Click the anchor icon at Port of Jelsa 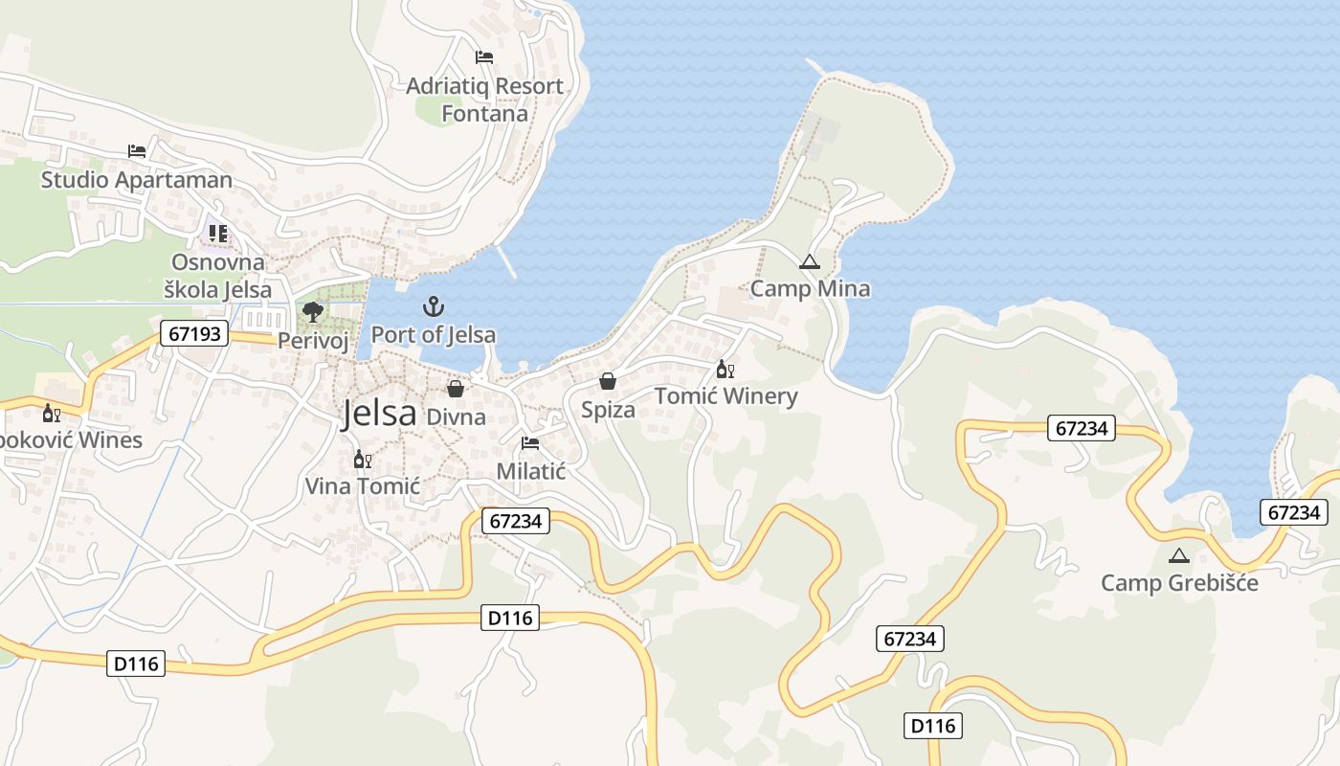(x=434, y=307)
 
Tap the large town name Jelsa (x=380, y=414)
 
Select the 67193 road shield (x=195, y=333)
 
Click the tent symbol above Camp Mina (x=810, y=261)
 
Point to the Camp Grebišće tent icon (x=1179, y=555)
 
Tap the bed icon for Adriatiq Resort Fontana (x=484, y=57)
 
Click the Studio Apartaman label (x=136, y=180)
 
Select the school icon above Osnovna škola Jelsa (x=218, y=233)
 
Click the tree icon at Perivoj (x=312, y=311)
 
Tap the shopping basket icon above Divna (x=456, y=389)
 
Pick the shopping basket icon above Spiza (x=608, y=381)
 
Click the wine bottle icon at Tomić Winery (x=725, y=370)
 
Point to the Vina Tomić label (x=362, y=486)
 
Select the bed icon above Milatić (x=530, y=443)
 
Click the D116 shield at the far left (x=138, y=663)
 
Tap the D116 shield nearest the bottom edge (x=933, y=726)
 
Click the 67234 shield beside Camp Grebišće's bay (x=1293, y=512)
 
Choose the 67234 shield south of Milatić (x=514, y=521)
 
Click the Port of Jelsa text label (x=434, y=335)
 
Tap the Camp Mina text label (x=810, y=289)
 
